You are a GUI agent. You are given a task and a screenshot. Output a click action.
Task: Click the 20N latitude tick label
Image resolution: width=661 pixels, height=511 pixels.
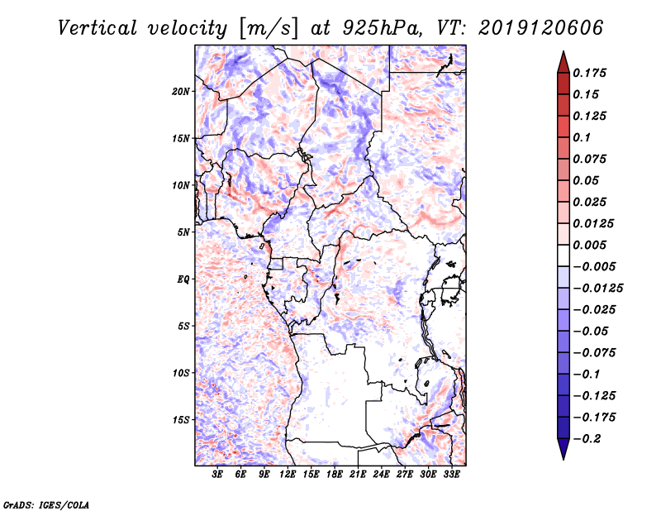[181, 91]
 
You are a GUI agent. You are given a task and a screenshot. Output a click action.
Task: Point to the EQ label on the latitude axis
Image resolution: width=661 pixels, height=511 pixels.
[183, 279]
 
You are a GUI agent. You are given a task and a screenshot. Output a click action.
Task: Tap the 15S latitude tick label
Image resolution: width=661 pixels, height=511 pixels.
[181, 419]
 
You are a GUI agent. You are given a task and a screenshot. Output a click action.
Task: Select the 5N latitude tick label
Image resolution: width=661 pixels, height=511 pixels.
[183, 232]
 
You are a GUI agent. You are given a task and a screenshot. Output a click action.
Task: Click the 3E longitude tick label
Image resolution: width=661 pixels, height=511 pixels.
[217, 475]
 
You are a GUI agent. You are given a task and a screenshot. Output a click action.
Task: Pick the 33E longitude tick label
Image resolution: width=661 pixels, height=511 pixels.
[452, 475]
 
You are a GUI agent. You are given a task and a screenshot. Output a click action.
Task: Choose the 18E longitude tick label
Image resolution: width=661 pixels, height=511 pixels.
[335, 475]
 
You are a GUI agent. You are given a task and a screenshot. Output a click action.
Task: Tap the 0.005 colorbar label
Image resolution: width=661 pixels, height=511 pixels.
[592, 245]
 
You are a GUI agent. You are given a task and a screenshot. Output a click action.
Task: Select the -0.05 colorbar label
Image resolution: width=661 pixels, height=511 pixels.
[592, 331]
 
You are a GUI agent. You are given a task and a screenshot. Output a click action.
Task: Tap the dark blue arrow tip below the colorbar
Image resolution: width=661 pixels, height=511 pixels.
[563, 453]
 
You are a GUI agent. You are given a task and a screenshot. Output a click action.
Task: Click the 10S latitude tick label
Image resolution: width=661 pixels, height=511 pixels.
[181, 373]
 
